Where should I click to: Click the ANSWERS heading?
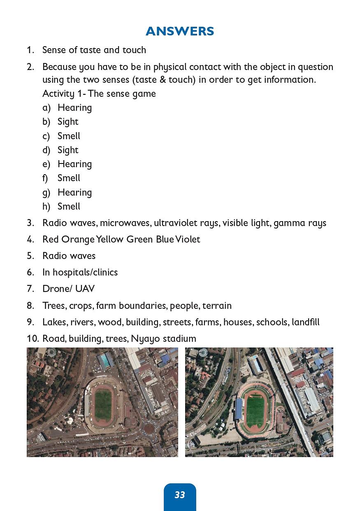tap(180, 31)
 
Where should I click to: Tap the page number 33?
tap(180, 495)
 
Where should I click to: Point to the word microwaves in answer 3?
tap(125, 223)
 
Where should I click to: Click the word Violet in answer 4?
tap(188, 239)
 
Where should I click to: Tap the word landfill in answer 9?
tap(306, 322)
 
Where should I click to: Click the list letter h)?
tap(46, 206)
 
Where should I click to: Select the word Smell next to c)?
tap(69, 136)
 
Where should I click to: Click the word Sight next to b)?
tap(68, 121)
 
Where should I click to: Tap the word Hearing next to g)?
tap(74, 192)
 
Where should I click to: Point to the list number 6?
tap(30, 272)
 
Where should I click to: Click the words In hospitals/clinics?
tap(80, 272)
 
